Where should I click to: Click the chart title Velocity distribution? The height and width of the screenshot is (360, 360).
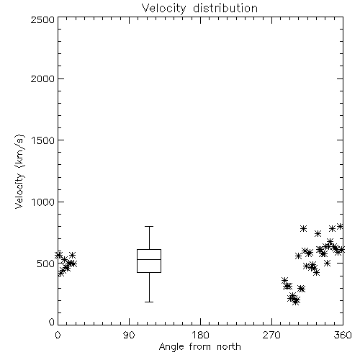point(199,9)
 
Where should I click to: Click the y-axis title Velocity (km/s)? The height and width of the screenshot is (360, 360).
point(19,171)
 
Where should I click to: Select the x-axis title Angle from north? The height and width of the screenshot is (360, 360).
point(199,347)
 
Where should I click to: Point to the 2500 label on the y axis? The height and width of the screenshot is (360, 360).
point(42,19)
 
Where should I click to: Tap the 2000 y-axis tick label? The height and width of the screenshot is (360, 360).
point(42,78)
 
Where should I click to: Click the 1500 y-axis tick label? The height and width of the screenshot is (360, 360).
point(43,140)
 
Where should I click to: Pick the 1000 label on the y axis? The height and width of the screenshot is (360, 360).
point(43,202)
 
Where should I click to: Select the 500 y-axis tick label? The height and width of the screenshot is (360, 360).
point(46,264)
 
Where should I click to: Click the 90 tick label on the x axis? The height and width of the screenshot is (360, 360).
point(129,335)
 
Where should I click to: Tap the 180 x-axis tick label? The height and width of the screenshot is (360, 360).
point(200,335)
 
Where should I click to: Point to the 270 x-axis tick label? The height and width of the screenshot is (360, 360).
point(271,335)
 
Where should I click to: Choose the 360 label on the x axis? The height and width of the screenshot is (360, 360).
point(343,335)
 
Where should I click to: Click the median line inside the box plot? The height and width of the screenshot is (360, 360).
point(149,259)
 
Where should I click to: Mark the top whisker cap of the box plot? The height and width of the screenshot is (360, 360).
point(149,226)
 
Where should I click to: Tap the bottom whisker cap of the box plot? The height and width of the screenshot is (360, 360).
point(149,302)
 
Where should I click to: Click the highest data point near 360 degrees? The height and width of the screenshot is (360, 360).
point(340,226)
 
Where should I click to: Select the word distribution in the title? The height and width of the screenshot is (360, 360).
point(225,9)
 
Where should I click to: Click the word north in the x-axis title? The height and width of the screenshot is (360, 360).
point(229,347)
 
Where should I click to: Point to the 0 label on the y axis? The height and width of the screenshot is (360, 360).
point(52,322)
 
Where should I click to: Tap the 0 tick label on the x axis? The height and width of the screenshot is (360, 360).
point(58,335)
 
